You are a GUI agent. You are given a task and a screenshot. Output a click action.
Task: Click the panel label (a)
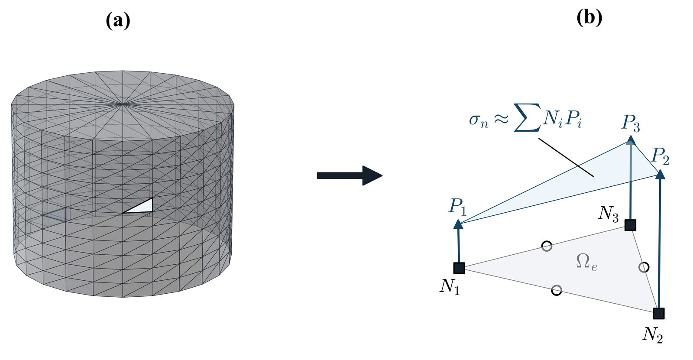(x=118, y=20)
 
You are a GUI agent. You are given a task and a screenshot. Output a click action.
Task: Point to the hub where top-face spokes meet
(x=123, y=104)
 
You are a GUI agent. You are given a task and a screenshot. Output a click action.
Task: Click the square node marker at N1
(x=459, y=268)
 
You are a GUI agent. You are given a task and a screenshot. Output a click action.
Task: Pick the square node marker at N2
(x=659, y=313)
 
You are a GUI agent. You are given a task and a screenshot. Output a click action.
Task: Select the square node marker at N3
(x=630, y=225)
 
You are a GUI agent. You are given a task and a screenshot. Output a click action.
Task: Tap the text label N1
(x=450, y=286)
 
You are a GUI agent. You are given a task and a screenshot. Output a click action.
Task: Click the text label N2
(x=652, y=335)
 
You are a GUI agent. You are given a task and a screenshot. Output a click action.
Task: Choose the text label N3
(x=608, y=213)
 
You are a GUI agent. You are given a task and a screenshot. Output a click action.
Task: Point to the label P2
(x=660, y=156)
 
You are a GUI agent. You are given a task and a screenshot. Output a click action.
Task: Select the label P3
(x=631, y=123)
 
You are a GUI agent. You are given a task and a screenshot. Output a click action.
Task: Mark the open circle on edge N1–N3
(x=547, y=246)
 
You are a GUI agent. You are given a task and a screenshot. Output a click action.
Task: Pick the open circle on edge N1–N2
(x=557, y=290)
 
